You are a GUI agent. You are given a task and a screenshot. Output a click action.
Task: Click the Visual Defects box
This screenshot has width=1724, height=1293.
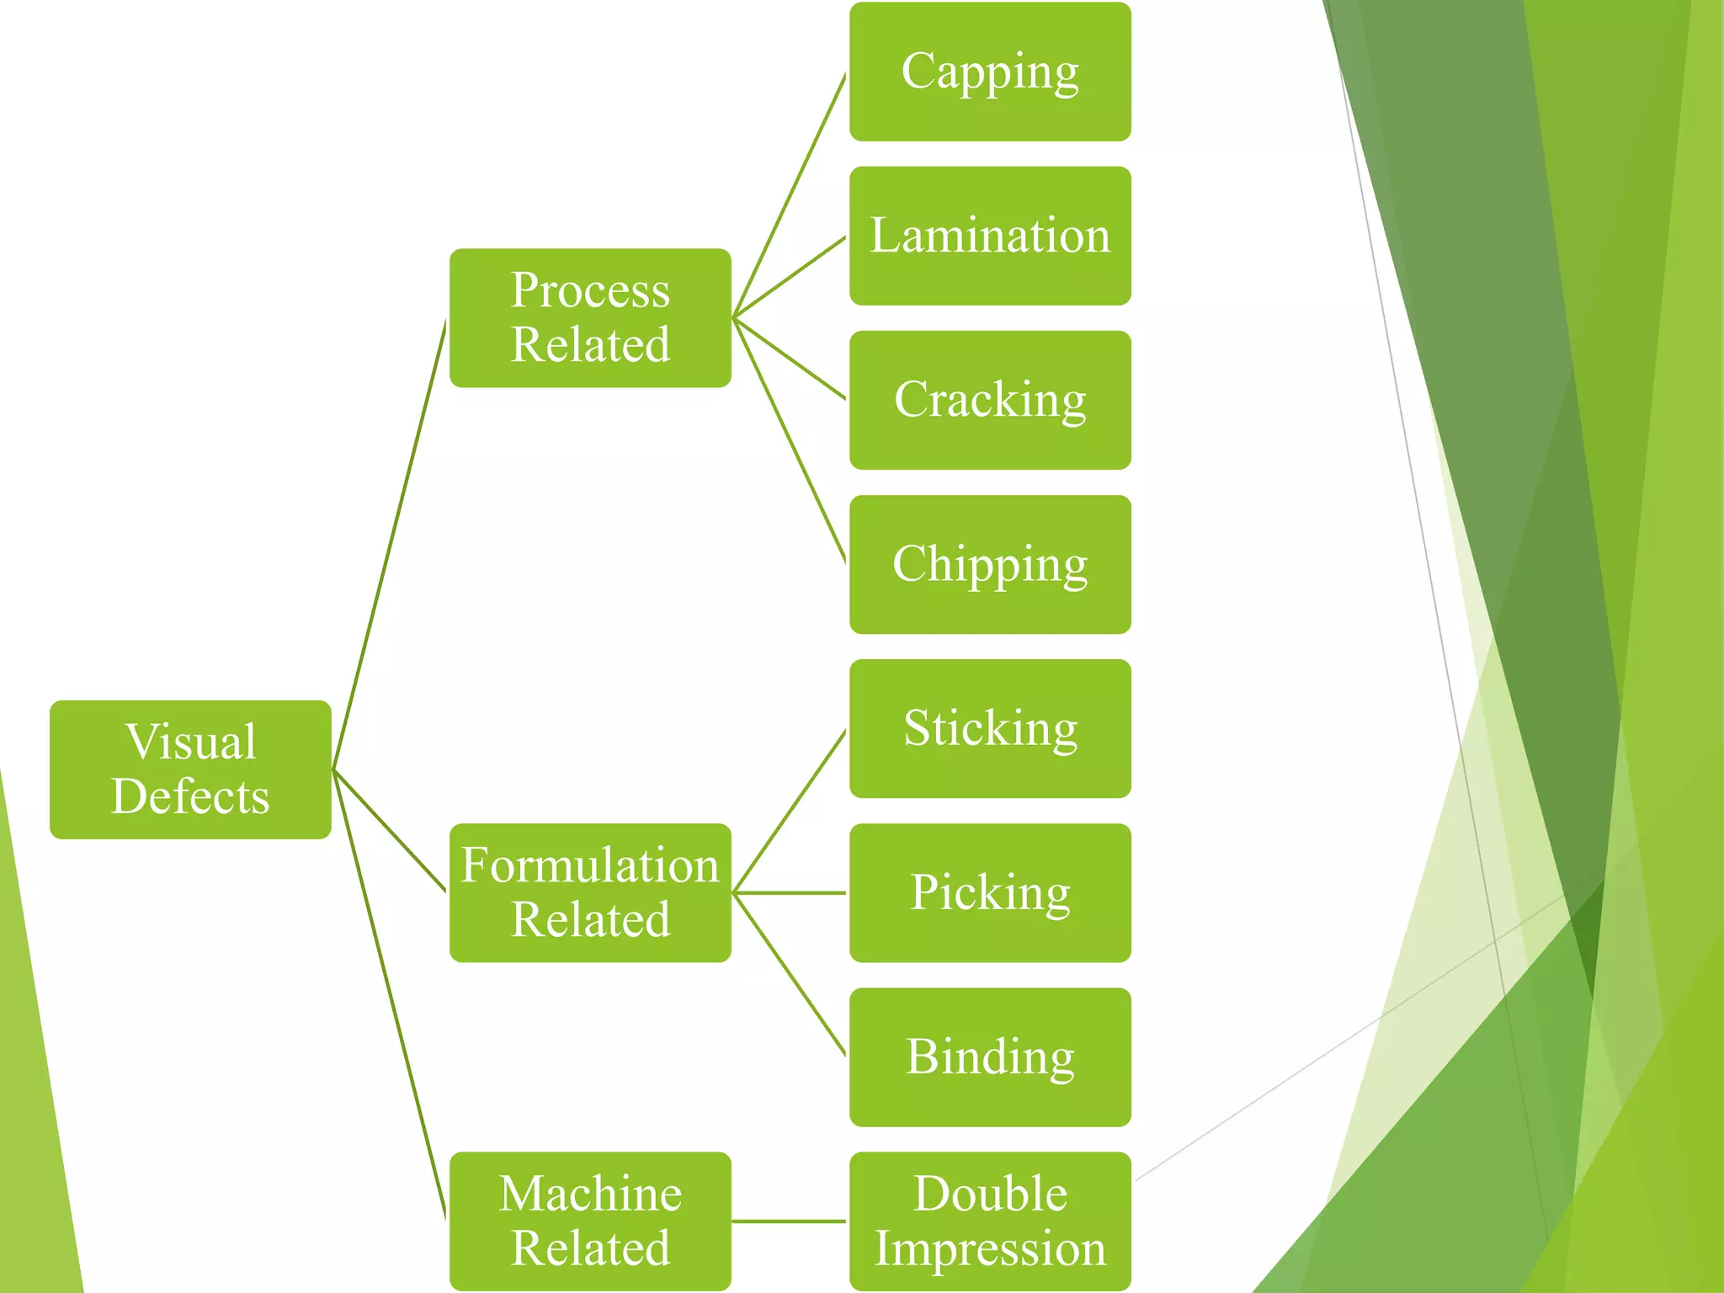click(190, 769)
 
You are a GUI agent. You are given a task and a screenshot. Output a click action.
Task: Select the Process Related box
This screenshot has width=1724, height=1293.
click(590, 317)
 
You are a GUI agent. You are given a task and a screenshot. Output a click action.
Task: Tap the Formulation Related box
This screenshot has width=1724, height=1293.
click(590, 892)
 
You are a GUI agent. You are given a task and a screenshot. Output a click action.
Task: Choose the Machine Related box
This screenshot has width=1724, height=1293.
click(590, 1221)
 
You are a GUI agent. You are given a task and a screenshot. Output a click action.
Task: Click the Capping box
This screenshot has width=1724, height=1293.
click(990, 72)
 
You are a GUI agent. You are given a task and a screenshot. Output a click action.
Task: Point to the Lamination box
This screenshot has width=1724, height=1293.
click(990, 236)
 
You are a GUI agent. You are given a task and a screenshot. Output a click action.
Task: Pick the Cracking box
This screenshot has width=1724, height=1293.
click(990, 400)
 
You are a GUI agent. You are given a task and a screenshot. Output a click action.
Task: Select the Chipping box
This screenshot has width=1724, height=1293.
click(990, 564)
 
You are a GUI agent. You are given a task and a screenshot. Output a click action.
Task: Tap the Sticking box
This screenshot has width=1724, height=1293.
click(990, 728)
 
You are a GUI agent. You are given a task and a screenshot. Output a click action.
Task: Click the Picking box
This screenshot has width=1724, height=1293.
click(990, 892)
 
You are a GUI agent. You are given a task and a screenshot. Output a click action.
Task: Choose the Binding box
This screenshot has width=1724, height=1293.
click(990, 1056)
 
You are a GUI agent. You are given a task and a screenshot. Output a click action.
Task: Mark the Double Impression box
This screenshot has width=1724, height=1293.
click(990, 1221)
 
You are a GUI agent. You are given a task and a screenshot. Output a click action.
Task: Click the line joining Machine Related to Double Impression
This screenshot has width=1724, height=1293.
click(789, 1221)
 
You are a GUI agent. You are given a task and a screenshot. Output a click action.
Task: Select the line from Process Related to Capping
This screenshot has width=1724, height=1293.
click(790, 195)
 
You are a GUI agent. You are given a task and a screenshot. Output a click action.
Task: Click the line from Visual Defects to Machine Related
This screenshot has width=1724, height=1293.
click(389, 993)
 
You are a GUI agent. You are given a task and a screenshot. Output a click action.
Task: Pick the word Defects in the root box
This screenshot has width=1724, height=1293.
click(190, 796)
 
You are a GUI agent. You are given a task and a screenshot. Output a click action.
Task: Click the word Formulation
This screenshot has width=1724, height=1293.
click(590, 865)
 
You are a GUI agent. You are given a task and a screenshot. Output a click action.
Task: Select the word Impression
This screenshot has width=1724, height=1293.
click(990, 1248)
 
